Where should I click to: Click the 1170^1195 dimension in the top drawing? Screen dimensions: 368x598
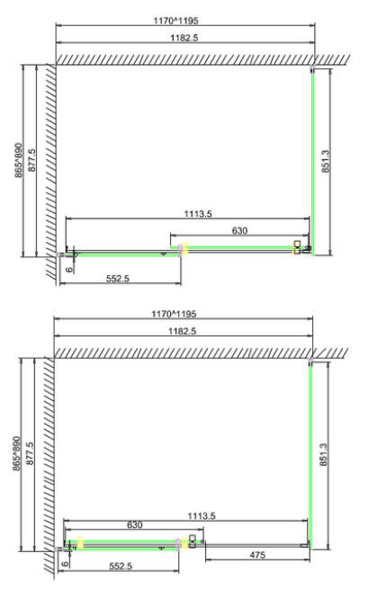(176, 21)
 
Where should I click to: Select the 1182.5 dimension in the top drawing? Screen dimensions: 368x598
(184, 38)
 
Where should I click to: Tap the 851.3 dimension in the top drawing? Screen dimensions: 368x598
(325, 161)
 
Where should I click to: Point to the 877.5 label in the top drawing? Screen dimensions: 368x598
(32, 160)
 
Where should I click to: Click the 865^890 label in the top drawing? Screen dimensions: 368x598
(19, 160)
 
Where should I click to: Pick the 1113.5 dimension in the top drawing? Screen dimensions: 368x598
(198, 214)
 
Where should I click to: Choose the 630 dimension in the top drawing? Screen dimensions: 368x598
(239, 230)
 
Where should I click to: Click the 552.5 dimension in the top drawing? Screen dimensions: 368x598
(118, 279)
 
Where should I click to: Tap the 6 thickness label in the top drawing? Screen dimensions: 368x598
(69, 269)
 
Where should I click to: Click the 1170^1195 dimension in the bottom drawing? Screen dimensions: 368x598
(174, 314)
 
